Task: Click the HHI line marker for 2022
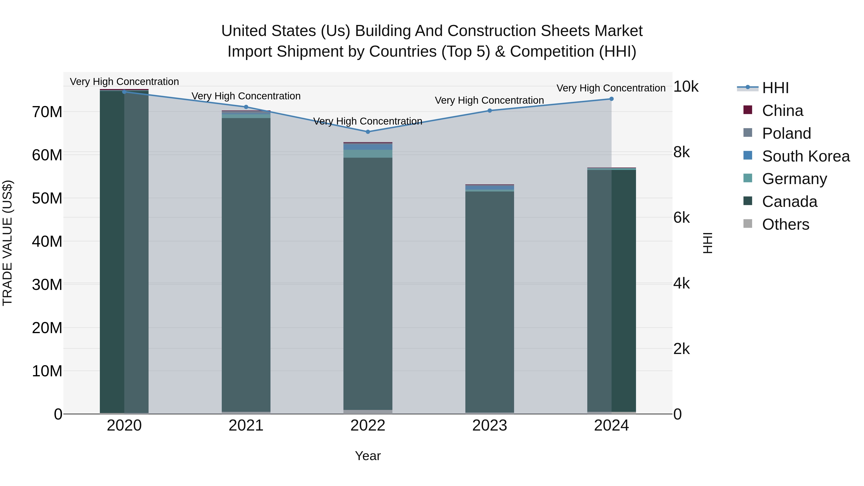(x=368, y=132)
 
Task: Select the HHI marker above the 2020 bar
(x=124, y=92)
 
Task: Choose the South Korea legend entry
(x=806, y=156)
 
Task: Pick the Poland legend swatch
(x=748, y=133)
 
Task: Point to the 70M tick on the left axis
(x=47, y=112)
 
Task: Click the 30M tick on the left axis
(x=47, y=285)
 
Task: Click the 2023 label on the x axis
(x=489, y=426)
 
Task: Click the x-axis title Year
(x=368, y=456)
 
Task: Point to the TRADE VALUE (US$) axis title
(x=7, y=243)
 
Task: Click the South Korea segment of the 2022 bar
(x=368, y=147)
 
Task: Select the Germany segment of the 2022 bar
(x=368, y=154)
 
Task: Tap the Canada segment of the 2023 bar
(x=489, y=302)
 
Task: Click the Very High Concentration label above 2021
(x=246, y=96)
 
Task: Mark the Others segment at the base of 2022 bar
(x=368, y=412)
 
